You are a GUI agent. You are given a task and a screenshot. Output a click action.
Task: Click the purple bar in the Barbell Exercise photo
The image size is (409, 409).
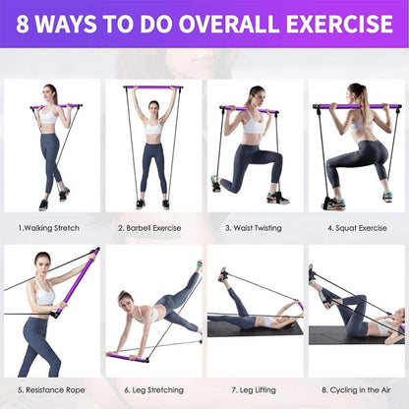154,88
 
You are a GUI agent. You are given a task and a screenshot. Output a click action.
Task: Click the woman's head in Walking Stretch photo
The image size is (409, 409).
50,93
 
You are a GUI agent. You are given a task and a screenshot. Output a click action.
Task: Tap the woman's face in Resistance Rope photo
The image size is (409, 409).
42,263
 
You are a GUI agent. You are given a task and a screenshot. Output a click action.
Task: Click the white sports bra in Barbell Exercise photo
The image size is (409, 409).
153,128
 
